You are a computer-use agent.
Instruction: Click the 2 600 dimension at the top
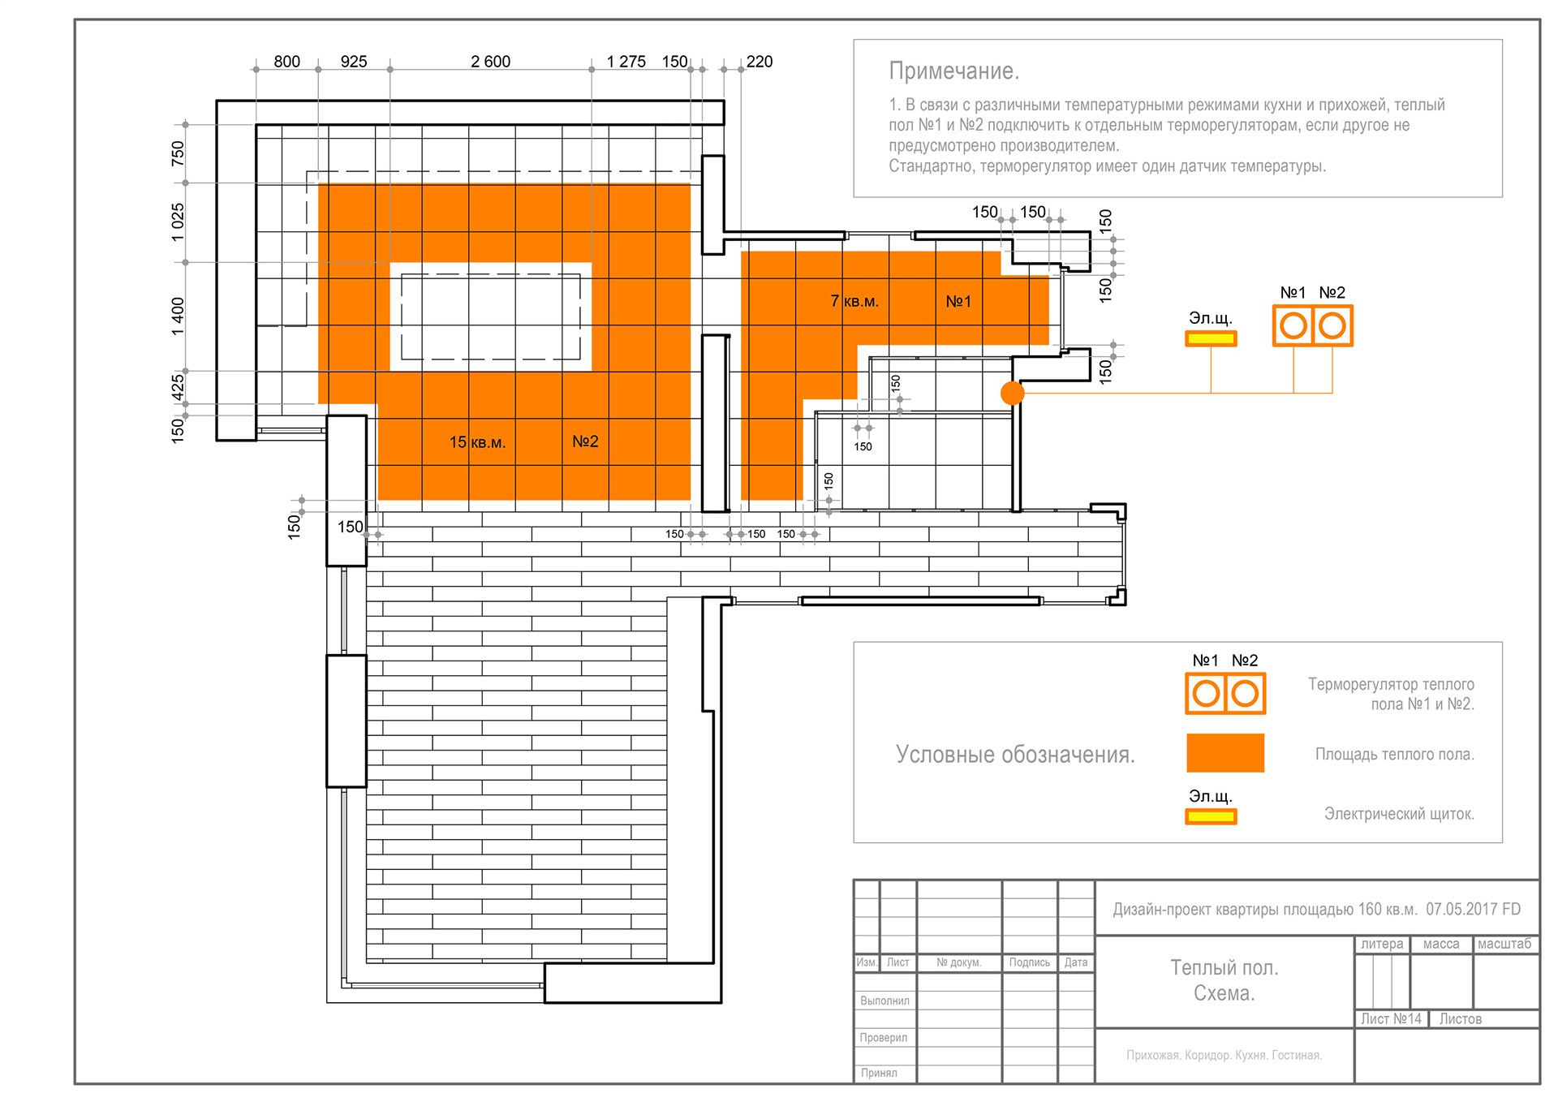click(490, 62)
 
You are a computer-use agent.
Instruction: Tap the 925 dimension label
click(354, 62)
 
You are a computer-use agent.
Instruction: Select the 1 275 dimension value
click(626, 62)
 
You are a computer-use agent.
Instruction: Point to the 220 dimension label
click(759, 62)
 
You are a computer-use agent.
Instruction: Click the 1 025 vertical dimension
click(178, 222)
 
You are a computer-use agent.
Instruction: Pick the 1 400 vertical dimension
click(178, 316)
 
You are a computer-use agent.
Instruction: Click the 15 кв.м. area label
click(477, 442)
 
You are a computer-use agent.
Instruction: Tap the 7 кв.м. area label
click(854, 301)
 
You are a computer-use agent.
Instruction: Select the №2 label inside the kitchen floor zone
click(585, 441)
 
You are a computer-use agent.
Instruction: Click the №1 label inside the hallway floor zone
click(958, 301)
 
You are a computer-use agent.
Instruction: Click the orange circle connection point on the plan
click(1012, 393)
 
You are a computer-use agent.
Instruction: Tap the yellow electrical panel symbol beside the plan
click(1211, 338)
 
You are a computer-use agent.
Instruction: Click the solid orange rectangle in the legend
click(1224, 752)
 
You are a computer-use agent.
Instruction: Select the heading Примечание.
click(953, 71)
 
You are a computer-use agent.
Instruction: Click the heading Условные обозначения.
click(1014, 755)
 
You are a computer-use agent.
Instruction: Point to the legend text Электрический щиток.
click(1398, 813)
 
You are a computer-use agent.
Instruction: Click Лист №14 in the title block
click(1391, 1018)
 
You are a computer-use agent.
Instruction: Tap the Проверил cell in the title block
click(884, 1037)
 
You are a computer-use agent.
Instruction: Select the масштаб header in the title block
click(1504, 944)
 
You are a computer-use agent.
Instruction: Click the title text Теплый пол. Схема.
click(1224, 980)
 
